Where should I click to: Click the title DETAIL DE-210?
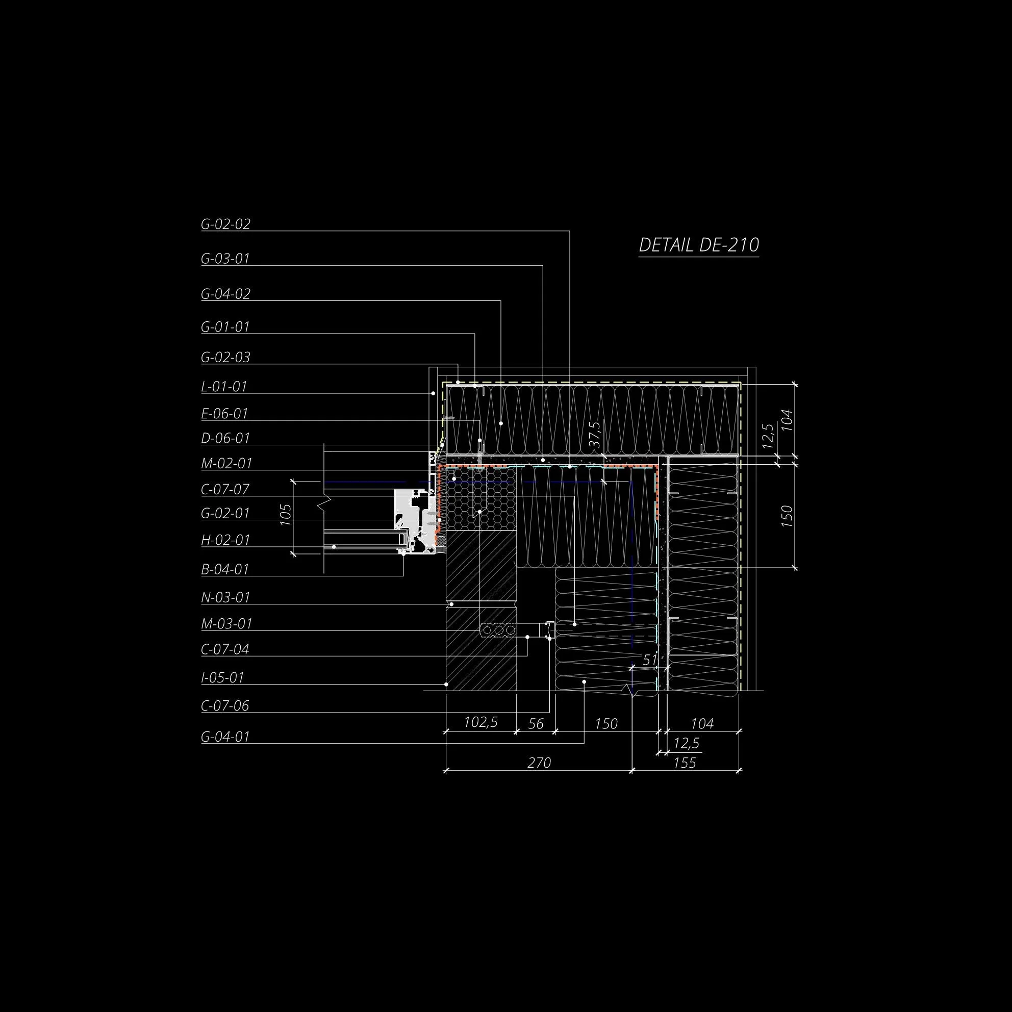pyautogui.click(x=698, y=245)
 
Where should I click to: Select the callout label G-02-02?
pyautogui.click(x=225, y=224)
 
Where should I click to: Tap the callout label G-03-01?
pyautogui.click(x=225, y=259)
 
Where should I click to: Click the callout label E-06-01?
pyautogui.click(x=224, y=414)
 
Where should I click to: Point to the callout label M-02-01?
pyautogui.click(x=226, y=464)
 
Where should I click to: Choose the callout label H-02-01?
pyautogui.click(x=225, y=540)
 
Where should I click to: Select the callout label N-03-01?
pyautogui.click(x=226, y=598)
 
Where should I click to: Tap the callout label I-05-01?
pyautogui.click(x=222, y=678)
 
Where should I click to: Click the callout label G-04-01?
pyautogui.click(x=225, y=737)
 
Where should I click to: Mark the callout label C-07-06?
pyautogui.click(x=225, y=706)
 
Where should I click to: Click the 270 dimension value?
pyautogui.click(x=539, y=763)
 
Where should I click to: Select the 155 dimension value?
pyautogui.click(x=684, y=763)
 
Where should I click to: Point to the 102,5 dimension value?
pyautogui.click(x=480, y=723)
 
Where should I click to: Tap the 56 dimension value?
pyautogui.click(x=536, y=724)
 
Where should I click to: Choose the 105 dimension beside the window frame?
pyautogui.click(x=286, y=515)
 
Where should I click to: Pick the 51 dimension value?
pyautogui.click(x=649, y=661)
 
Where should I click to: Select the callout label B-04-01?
pyautogui.click(x=225, y=569)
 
